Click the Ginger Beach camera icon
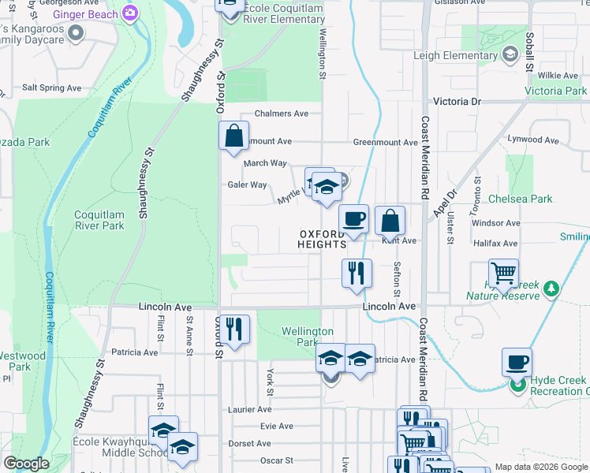point(130,13)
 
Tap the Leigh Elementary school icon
point(510,54)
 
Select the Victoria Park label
point(555,91)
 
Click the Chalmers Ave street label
point(281,114)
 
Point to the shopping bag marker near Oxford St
point(233,136)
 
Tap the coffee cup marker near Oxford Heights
point(353,219)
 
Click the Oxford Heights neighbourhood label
point(322,239)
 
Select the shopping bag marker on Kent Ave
point(390,221)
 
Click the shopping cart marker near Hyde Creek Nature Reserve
point(503,274)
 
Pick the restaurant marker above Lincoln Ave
point(357,273)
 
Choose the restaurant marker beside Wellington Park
point(234,329)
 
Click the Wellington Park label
point(307,337)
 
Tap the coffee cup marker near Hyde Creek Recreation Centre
point(517,362)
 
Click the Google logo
point(26,464)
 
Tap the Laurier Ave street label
point(250,409)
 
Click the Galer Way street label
point(247,184)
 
